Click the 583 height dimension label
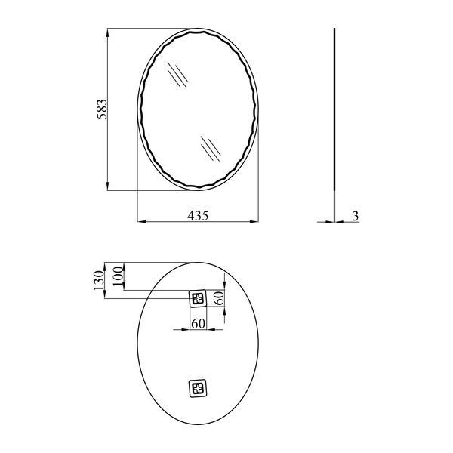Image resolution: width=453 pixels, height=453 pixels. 102,109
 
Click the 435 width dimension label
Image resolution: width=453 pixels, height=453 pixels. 198,216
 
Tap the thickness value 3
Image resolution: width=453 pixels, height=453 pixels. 356,216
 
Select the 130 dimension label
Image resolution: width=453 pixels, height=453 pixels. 98,280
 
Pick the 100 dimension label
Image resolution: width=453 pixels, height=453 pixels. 119,276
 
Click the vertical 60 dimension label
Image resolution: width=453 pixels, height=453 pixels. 219,298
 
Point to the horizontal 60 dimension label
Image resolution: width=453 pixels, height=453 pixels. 198,324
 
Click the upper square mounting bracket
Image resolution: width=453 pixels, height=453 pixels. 198,299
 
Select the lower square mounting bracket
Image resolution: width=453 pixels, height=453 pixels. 198,388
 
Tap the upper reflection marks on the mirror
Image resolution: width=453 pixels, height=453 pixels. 177,75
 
